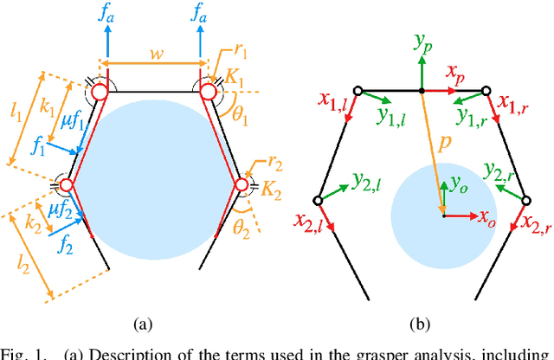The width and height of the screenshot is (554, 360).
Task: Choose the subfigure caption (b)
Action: pyautogui.click(x=420, y=325)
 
